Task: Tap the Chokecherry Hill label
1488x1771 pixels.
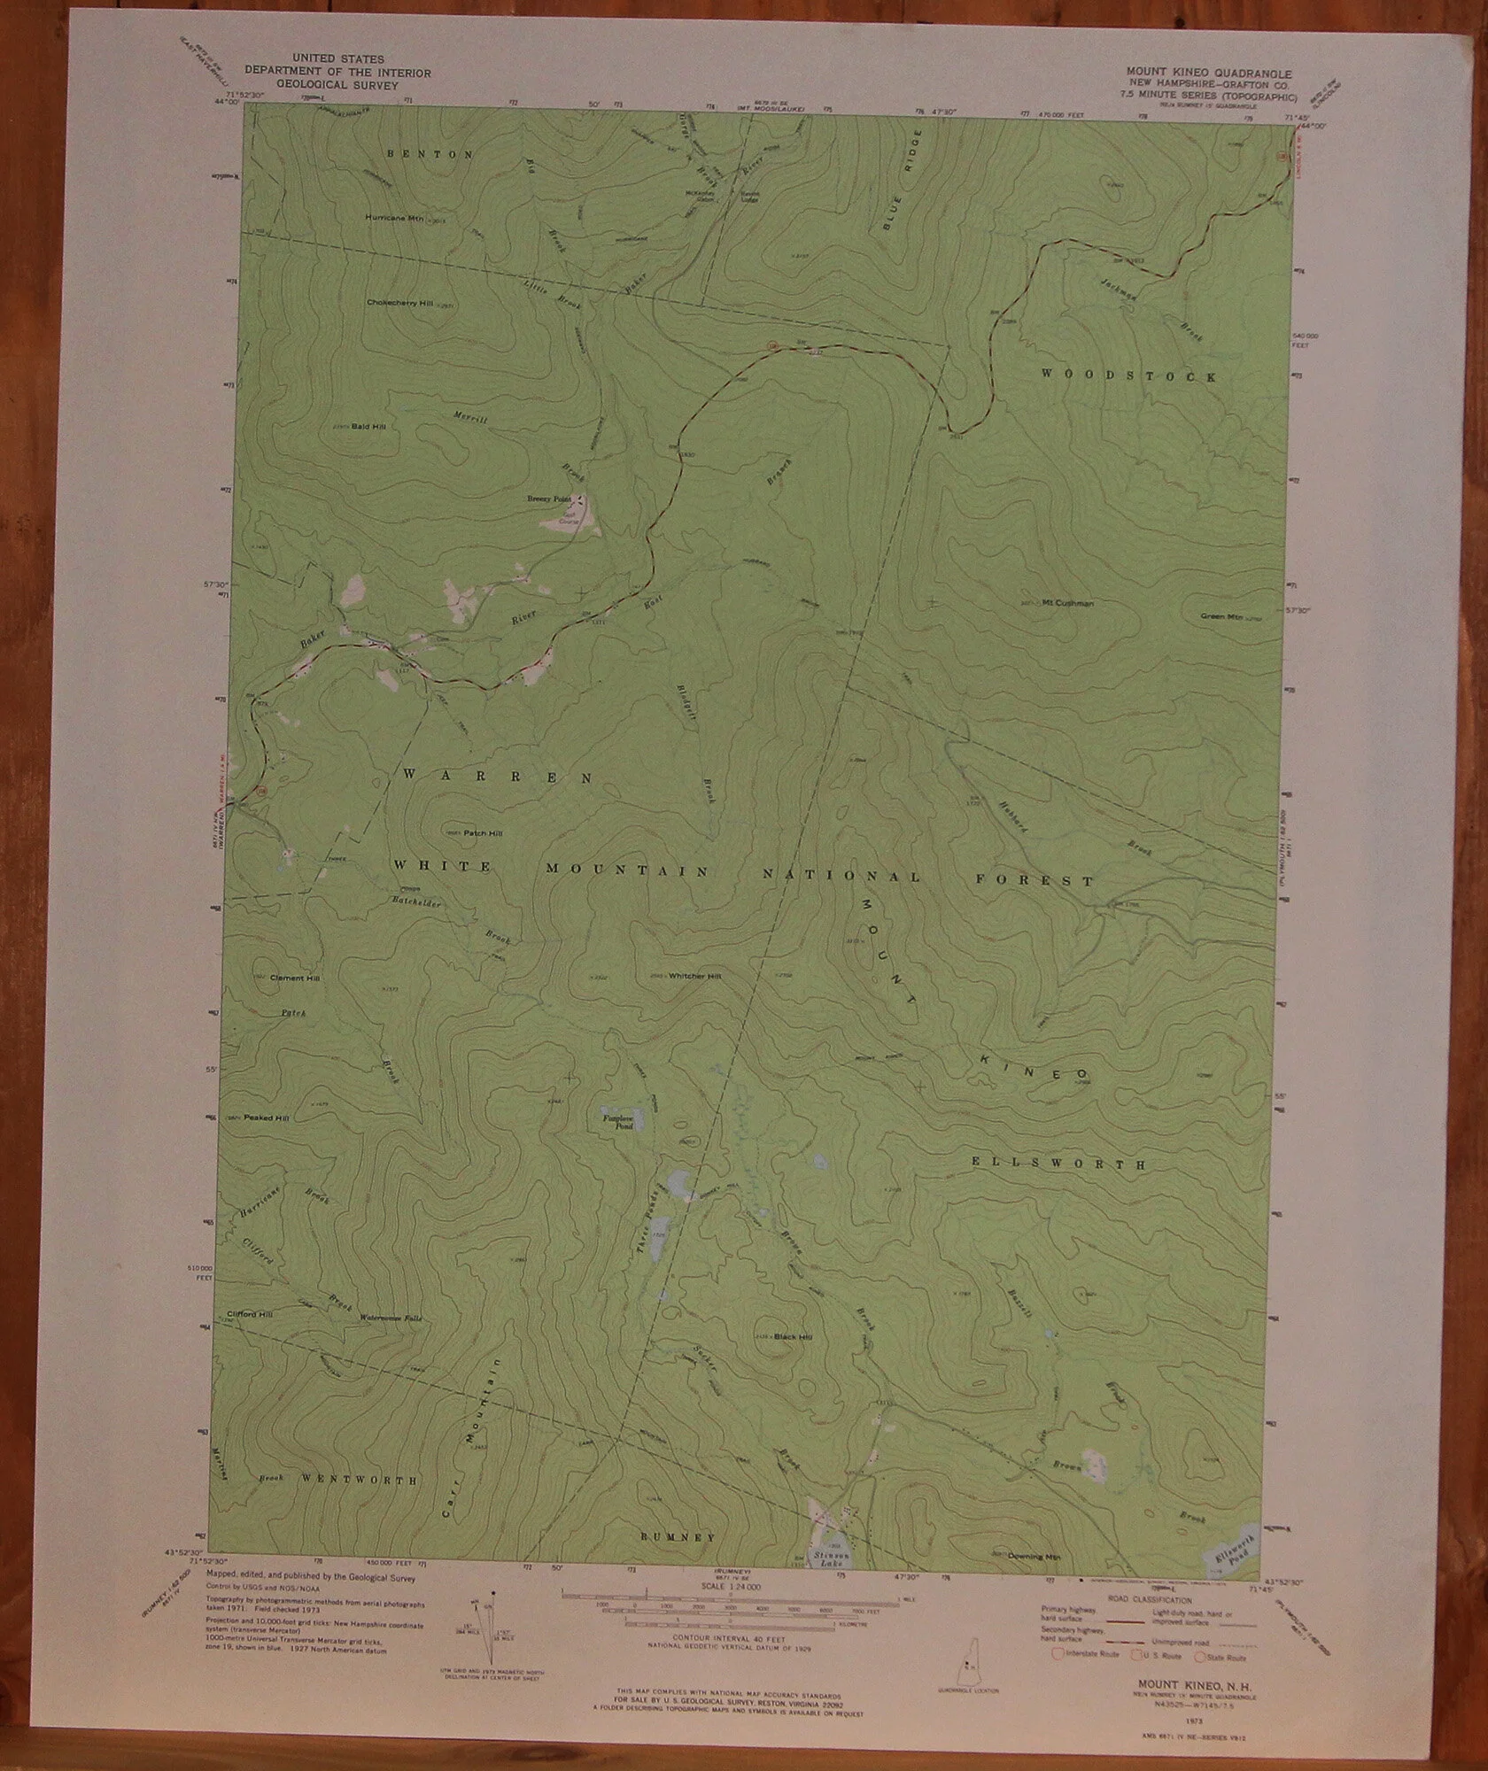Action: (398, 303)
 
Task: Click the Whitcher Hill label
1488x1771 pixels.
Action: (695, 976)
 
